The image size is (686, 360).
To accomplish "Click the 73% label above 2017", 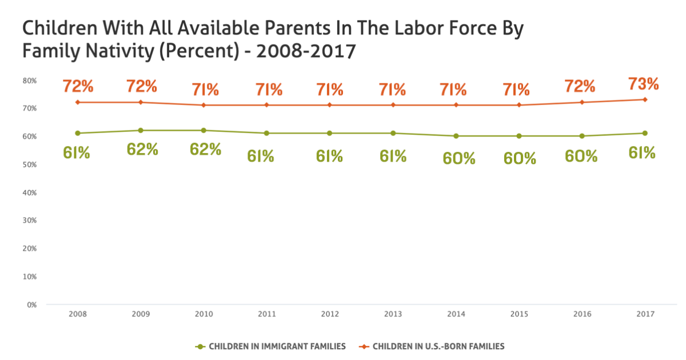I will click(x=644, y=84).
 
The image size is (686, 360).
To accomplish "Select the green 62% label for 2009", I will click(x=142, y=149).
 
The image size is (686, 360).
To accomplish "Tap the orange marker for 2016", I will click(x=582, y=102).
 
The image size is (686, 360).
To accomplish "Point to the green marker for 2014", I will click(x=456, y=136).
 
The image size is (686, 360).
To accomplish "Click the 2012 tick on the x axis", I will click(x=330, y=314).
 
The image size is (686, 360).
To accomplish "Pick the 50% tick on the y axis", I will click(x=29, y=165).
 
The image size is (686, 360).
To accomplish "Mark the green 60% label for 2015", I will click(x=519, y=158).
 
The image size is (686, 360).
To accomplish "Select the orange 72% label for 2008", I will click(x=78, y=86).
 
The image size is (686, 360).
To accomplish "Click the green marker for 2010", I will click(x=204, y=130).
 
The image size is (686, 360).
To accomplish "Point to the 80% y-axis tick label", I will click(x=29, y=81).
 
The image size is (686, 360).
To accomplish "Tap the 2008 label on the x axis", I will click(x=77, y=314).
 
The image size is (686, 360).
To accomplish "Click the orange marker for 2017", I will click(x=645, y=99).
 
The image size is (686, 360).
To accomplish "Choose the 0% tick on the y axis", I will click(x=31, y=305).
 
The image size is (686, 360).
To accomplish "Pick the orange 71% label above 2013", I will click(x=393, y=89).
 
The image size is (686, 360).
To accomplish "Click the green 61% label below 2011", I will click(x=261, y=155).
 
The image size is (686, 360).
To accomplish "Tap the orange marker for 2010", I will click(x=204, y=105).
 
